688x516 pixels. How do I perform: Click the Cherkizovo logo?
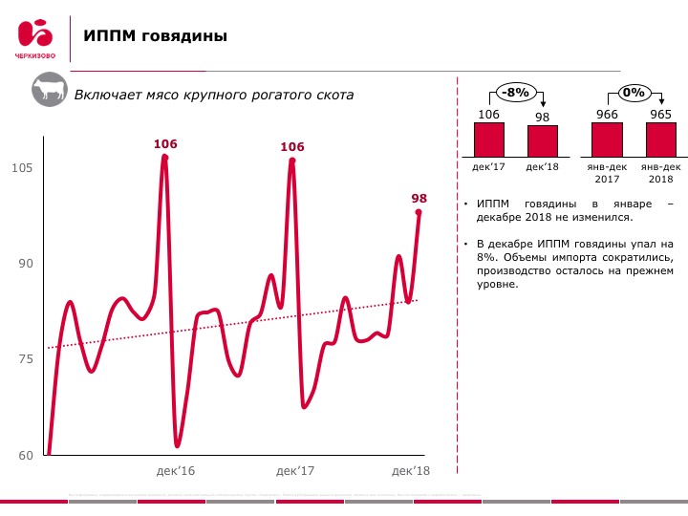(x=35, y=38)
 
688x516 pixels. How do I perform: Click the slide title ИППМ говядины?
(x=155, y=36)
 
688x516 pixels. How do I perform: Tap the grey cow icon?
(x=49, y=93)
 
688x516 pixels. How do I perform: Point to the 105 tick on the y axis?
(x=22, y=168)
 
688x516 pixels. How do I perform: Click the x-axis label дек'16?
(x=175, y=471)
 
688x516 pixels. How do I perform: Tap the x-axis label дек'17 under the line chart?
(x=295, y=471)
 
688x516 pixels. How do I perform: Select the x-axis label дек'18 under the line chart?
(x=411, y=471)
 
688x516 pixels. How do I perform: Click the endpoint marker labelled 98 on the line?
(x=419, y=213)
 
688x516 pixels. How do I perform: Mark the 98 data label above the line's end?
(x=419, y=199)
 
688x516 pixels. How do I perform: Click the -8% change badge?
(x=516, y=93)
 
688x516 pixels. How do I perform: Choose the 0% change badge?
(x=634, y=93)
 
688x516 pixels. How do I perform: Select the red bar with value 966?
(x=607, y=140)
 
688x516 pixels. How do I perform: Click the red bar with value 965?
(x=660, y=140)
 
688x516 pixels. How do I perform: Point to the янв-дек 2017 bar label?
(x=607, y=173)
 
